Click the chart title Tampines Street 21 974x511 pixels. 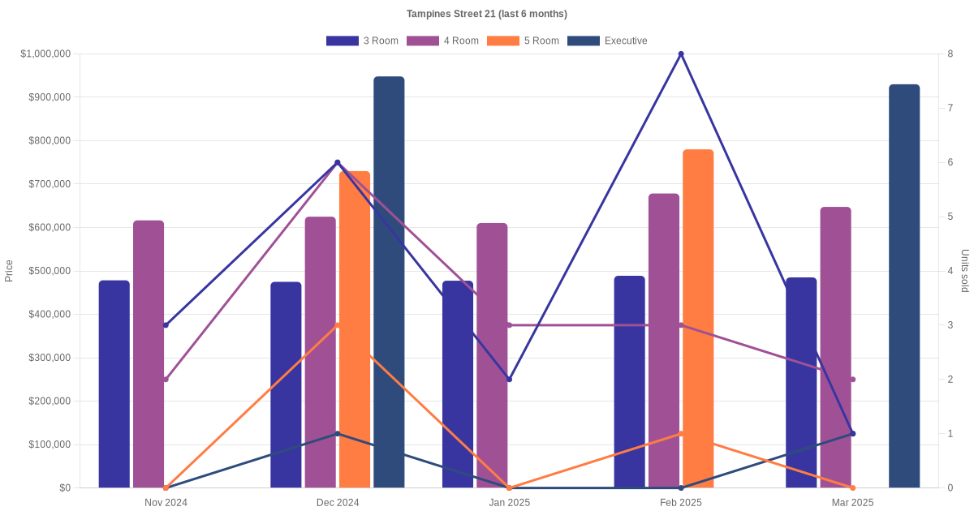click(x=486, y=14)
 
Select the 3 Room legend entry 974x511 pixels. click(x=362, y=41)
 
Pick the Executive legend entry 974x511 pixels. click(x=607, y=41)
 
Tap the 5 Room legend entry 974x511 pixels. click(x=523, y=41)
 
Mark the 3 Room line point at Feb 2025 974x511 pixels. click(x=681, y=54)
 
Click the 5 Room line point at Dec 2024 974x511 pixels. click(x=338, y=325)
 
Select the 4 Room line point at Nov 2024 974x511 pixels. click(x=166, y=380)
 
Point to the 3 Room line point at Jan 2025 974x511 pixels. click(x=509, y=380)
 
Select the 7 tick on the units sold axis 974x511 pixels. click(x=950, y=108)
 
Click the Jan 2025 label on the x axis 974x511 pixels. click(x=509, y=503)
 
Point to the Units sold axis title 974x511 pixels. click(x=964, y=271)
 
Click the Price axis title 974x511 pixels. click(x=9, y=271)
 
